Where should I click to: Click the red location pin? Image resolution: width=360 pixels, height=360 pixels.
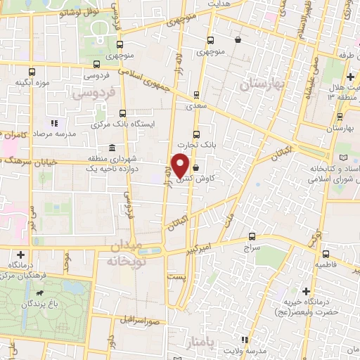(181, 165)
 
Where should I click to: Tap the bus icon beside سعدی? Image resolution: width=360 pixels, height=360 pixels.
(196, 94)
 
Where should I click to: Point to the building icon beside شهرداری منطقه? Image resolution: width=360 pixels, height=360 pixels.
(113, 148)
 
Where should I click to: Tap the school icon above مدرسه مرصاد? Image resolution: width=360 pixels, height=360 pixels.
(55, 123)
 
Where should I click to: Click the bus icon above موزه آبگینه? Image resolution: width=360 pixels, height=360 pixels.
(32, 71)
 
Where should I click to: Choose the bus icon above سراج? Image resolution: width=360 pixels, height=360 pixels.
(252, 236)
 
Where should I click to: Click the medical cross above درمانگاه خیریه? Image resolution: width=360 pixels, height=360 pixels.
(306, 291)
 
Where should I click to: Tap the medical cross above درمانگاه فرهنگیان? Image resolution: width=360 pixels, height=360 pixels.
(21, 254)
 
